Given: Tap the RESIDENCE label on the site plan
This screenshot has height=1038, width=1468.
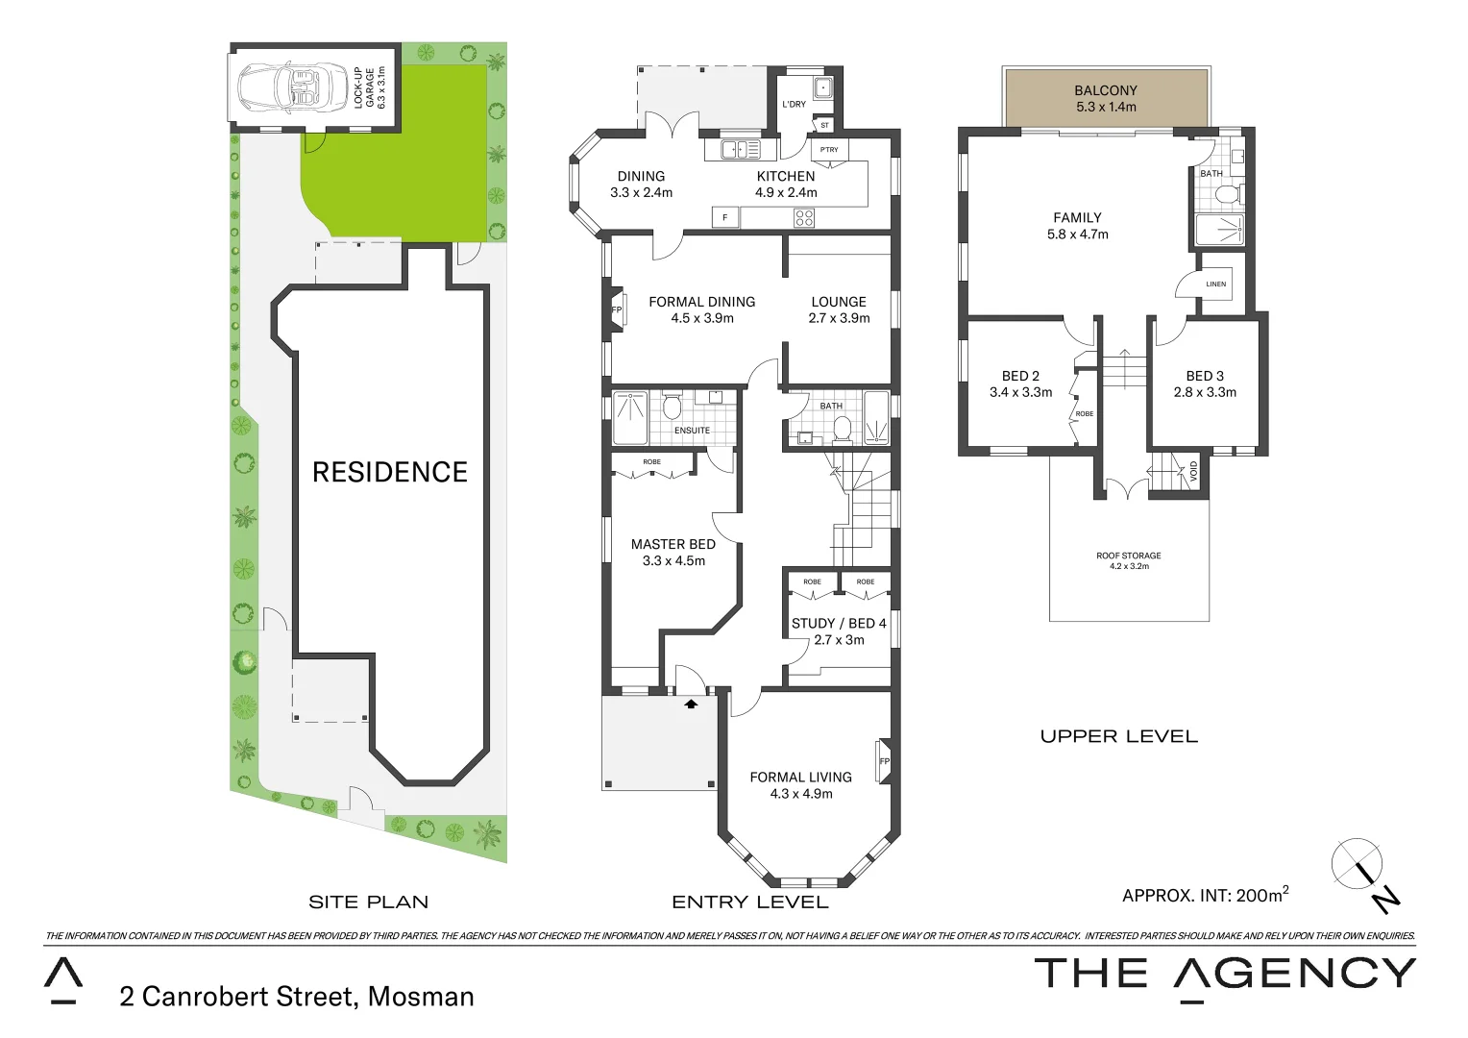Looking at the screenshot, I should pos(390,472).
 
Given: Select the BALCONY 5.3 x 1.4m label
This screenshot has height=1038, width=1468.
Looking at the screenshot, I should pos(1106,98).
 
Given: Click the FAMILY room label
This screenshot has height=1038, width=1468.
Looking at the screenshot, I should pos(1077,226).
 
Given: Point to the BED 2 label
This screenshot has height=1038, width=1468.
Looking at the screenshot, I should pos(1020,383).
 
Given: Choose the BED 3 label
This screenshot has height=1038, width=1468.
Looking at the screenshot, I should pos(1205,383).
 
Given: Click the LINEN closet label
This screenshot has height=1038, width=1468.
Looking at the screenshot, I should pos(1215,284).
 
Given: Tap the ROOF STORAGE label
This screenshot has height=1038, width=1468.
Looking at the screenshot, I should pos(1129,560).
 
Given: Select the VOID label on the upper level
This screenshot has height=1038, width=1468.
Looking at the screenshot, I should pos(1193,472).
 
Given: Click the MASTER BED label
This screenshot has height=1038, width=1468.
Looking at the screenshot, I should pos(673,552).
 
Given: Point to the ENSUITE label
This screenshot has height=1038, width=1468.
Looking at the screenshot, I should pos(692,431).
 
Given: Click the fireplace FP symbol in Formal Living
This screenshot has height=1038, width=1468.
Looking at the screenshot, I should pos(884,762).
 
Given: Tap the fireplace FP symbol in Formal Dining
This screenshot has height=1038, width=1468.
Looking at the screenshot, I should pos(617,310).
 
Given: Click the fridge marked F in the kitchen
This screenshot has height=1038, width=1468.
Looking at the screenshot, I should pos(725,218).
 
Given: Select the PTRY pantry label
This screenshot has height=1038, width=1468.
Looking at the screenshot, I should pos(829,150).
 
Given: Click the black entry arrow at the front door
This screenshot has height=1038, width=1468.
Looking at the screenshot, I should pos(691,704).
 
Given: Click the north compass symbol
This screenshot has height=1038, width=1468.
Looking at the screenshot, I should pos(1364,871).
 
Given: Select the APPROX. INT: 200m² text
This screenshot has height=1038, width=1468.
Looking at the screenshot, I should pos(1205,895).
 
